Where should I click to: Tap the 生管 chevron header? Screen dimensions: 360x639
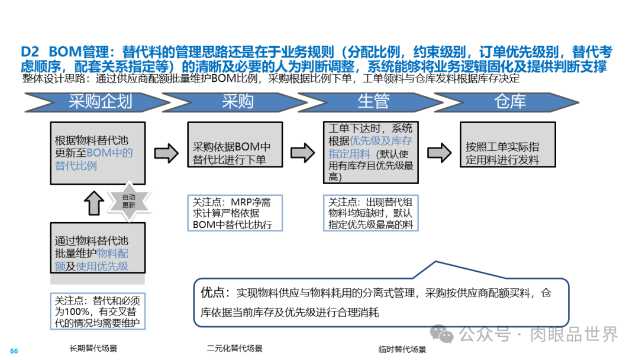[x=373, y=101]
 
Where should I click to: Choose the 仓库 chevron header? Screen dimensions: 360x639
[x=510, y=101]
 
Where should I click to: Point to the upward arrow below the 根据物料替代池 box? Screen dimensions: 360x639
[x=94, y=203]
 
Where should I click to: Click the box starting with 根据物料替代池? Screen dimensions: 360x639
[x=98, y=153]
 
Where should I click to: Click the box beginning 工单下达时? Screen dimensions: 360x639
[x=372, y=153]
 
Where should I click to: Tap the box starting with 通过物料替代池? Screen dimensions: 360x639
[x=98, y=247]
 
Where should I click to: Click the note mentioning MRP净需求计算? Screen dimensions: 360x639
[x=235, y=213]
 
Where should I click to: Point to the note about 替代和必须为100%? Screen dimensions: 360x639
[x=98, y=310]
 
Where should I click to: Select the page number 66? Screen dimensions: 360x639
[x=14, y=351]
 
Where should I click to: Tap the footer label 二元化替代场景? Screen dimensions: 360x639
[x=234, y=348]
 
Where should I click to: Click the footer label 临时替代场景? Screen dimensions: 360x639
[x=402, y=349]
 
